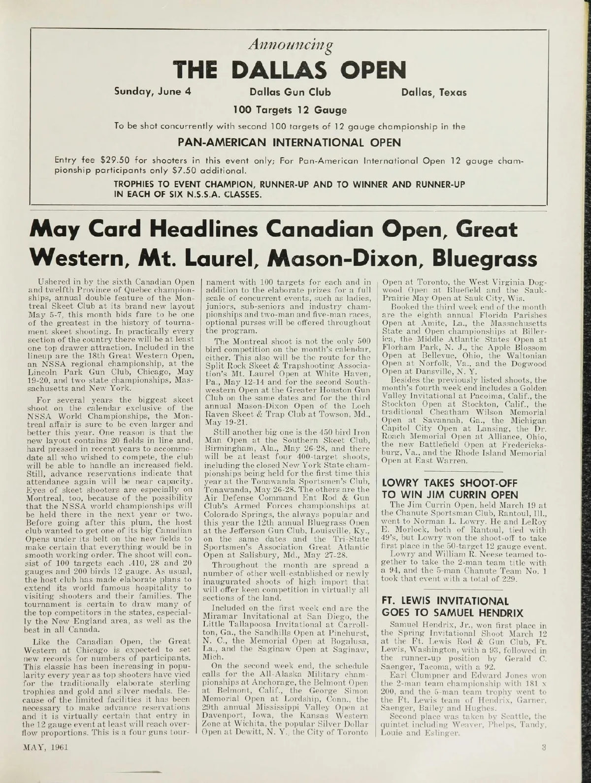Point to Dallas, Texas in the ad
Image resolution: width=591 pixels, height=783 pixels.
433,92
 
